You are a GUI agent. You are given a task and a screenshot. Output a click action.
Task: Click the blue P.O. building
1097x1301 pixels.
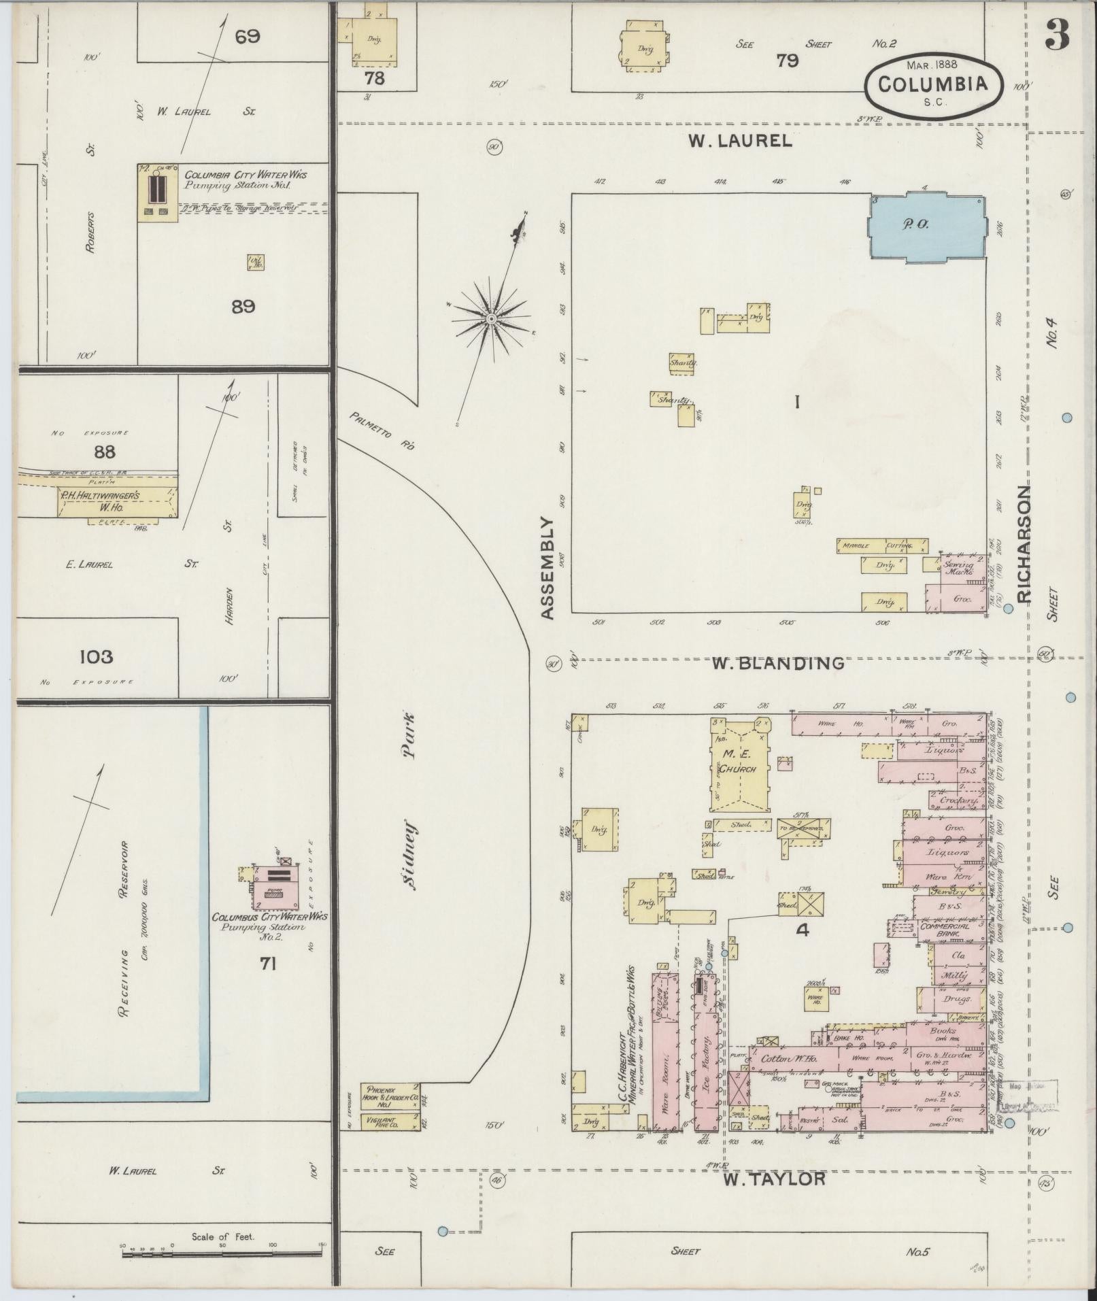[928, 227]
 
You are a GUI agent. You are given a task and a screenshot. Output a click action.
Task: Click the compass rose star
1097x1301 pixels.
[490, 319]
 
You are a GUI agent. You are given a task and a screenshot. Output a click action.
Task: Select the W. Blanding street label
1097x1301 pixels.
[777, 662]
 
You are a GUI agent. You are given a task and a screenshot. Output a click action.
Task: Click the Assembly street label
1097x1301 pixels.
[549, 568]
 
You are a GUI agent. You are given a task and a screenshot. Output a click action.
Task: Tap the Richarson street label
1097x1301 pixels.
[1024, 544]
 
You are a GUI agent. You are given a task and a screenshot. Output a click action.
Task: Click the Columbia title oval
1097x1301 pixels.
[933, 84]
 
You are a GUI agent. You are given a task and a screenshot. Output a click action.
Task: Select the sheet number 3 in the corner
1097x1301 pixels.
[1056, 34]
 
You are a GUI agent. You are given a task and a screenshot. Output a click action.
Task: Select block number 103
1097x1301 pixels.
[96, 657]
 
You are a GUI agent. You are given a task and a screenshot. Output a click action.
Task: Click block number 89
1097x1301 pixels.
[243, 307]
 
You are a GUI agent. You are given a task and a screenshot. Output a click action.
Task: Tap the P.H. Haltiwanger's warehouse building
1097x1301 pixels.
[116, 501]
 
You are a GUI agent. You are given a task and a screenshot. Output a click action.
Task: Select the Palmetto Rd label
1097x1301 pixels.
[384, 432]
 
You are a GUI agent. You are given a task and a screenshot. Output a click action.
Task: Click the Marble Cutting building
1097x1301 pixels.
[882, 546]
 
